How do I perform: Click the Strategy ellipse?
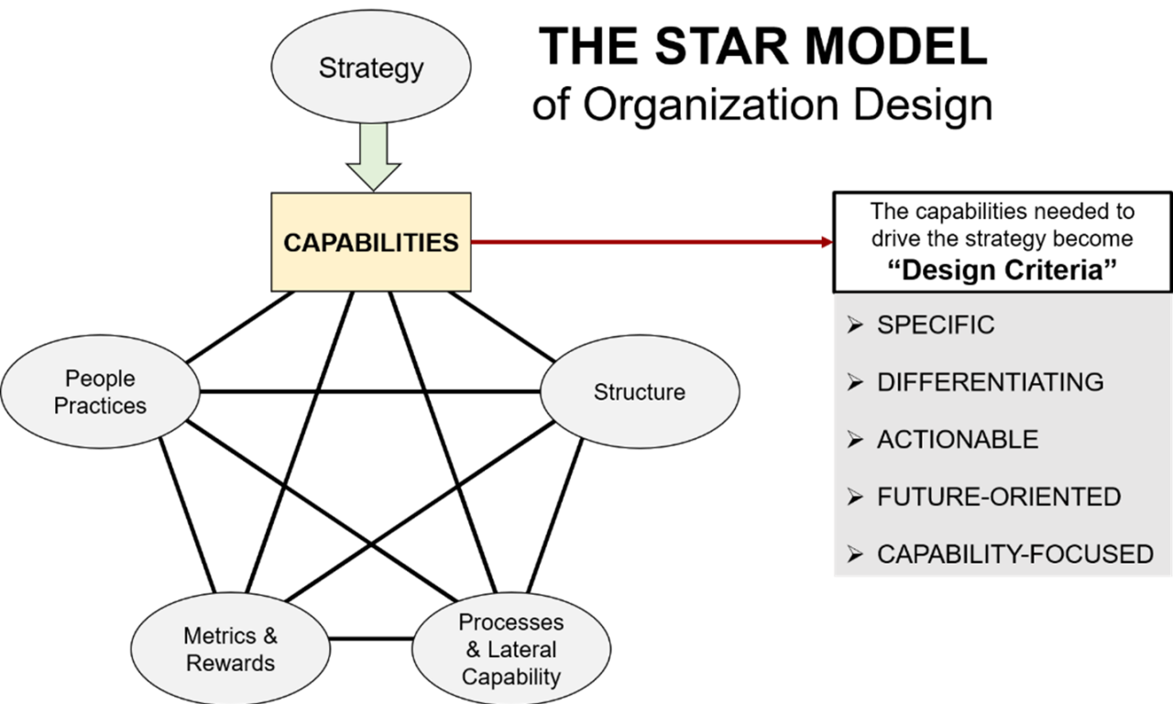[371, 69]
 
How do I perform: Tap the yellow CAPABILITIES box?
[371, 243]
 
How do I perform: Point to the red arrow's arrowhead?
[827, 242]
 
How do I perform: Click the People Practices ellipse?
[100, 392]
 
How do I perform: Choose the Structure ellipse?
[640, 392]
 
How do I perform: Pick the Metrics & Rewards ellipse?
[230, 649]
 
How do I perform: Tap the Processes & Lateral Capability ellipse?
[511, 649]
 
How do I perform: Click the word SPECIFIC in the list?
[936, 325]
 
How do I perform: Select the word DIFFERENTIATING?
[990, 382]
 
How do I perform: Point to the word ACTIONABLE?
[958, 440]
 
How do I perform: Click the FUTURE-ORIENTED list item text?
[999, 497]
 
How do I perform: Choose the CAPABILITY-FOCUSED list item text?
[1014, 555]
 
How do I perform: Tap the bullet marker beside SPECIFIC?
[855, 325]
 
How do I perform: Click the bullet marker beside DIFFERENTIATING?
[855, 382]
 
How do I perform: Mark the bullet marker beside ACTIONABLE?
[855, 440]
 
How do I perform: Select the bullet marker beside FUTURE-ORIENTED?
[855, 497]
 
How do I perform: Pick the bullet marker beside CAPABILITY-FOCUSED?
[855, 555]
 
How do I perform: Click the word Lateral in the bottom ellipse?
[523, 650]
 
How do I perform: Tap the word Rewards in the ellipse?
[230, 663]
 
